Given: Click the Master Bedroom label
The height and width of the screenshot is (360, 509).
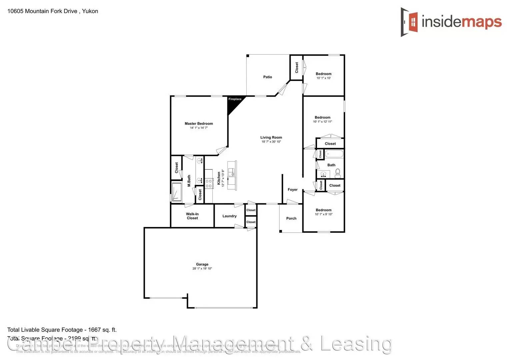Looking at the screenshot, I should (x=199, y=124).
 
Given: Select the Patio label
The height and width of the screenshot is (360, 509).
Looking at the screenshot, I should (x=268, y=77).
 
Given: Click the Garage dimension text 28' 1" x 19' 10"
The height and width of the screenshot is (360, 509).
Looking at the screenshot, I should (x=202, y=269).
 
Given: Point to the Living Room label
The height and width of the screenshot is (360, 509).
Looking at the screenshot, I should (x=271, y=137).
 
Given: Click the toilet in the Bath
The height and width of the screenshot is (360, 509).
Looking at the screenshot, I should (x=338, y=172).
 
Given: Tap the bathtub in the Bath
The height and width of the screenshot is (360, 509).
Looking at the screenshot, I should (x=334, y=154).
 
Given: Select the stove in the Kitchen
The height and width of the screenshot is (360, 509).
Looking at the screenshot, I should (x=209, y=183).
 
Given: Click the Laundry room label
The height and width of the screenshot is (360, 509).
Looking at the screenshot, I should (x=229, y=216).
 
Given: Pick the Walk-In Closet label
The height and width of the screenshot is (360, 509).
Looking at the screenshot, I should (x=192, y=216).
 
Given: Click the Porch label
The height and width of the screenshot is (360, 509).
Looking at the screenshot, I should (x=291, y=218).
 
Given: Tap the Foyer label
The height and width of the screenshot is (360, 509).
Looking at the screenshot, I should (x=293, y=190).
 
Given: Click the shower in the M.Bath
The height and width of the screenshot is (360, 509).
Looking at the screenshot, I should (x=177, y=192).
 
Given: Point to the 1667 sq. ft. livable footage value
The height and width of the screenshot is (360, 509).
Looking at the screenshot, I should (x=102, y=330).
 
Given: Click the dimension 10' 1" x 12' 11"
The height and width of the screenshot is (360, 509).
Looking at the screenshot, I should (x=322, y=122).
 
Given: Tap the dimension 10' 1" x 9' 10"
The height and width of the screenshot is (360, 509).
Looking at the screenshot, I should (x=323, y=214).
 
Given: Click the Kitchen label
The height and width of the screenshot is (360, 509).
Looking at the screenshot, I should (x=219, y=178).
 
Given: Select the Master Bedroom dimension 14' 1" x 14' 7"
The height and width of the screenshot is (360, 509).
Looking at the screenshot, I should (x=199, y=128).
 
